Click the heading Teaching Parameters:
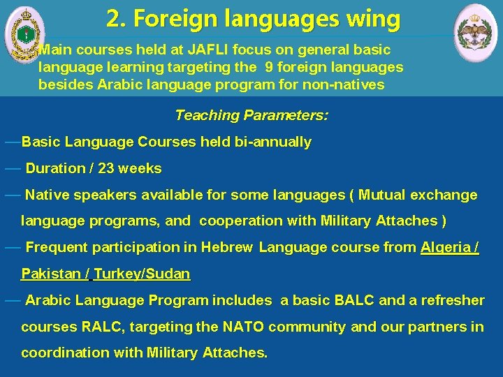(251, 115)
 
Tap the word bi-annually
(275, 142)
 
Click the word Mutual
(387, 195)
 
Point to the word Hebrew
(228, 247)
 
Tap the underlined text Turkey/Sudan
(142, 274)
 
